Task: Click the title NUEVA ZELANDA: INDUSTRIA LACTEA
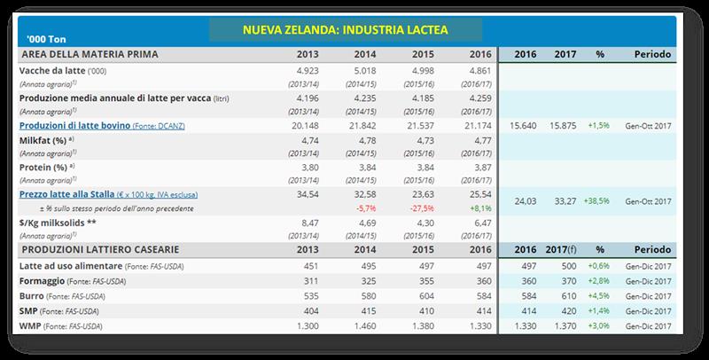tap(347, 31)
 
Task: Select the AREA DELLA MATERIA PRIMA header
tap(89, 54)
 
